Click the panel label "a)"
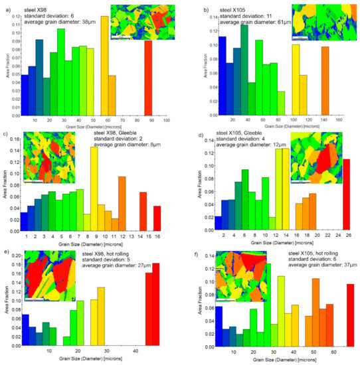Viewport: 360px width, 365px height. pyautogui.click(x=7, y=6)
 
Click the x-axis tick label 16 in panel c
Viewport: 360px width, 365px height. pyautogui.click(x=157, y=236)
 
